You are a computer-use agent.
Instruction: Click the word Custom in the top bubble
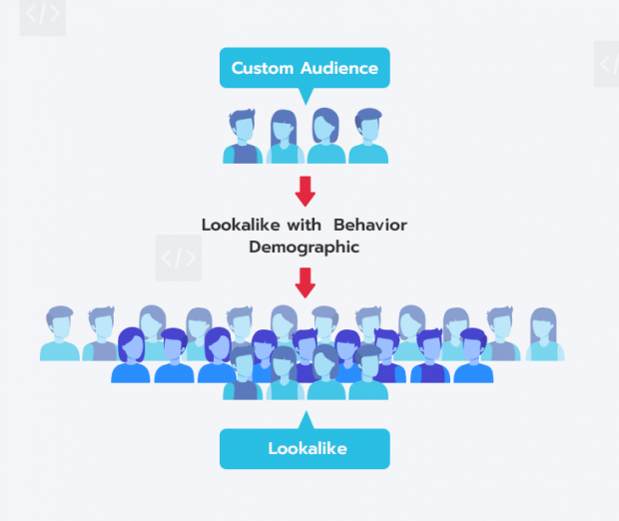(x=263, y=69)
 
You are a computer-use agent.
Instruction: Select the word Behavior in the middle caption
(x=369, y=225)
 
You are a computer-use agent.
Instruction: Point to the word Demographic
(x=304, y=247)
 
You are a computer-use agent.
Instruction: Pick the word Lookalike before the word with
(x=240, y=225)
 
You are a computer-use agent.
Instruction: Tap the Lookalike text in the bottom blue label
(x=307, y=448)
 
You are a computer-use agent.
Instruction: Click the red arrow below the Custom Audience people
(x=306, y=190)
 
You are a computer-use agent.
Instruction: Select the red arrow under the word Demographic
(x=306, y=281)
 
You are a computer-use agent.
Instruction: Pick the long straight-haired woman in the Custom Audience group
(x=284, y=138)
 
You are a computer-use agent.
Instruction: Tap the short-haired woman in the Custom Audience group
(x=325, y=138)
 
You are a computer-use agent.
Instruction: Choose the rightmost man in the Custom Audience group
(x=367, y=138)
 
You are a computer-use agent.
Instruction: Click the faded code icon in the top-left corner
(x=43, y=15)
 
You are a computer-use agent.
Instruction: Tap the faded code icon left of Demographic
(x=179, y=258)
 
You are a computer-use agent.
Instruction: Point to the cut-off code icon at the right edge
(x=608, y=64)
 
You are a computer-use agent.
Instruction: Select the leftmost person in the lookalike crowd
(x=60, y=334)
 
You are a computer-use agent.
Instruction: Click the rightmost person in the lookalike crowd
(x=545, y=334)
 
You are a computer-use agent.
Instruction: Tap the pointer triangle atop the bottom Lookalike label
(x=306, y=420)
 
